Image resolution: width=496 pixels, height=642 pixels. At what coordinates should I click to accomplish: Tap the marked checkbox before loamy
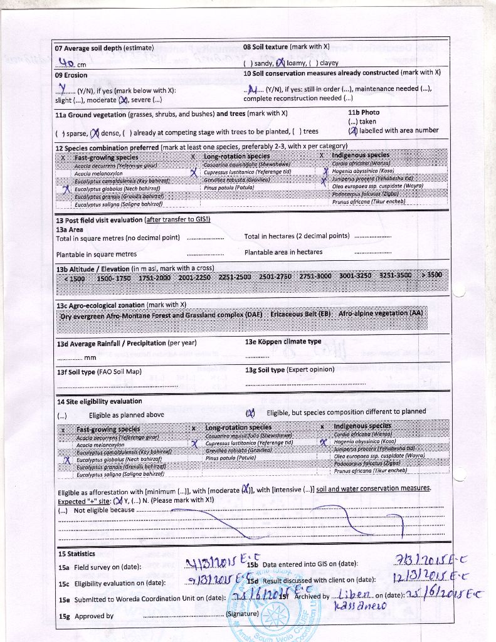coord(280,63)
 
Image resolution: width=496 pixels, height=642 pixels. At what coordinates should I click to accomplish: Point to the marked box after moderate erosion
coord(124,100)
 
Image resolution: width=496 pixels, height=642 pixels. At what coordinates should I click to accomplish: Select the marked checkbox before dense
coord(95,132)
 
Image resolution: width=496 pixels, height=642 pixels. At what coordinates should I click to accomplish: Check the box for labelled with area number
coord(353,130)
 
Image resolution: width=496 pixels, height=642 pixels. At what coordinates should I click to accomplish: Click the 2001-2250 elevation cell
coord(194,276)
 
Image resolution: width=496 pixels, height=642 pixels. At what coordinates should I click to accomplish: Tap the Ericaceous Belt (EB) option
coord(300,313)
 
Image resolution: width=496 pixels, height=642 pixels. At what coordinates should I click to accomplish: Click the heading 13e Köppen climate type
coord(283,342)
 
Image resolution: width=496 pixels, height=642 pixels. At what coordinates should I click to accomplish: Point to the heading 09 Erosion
coord(71,75)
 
